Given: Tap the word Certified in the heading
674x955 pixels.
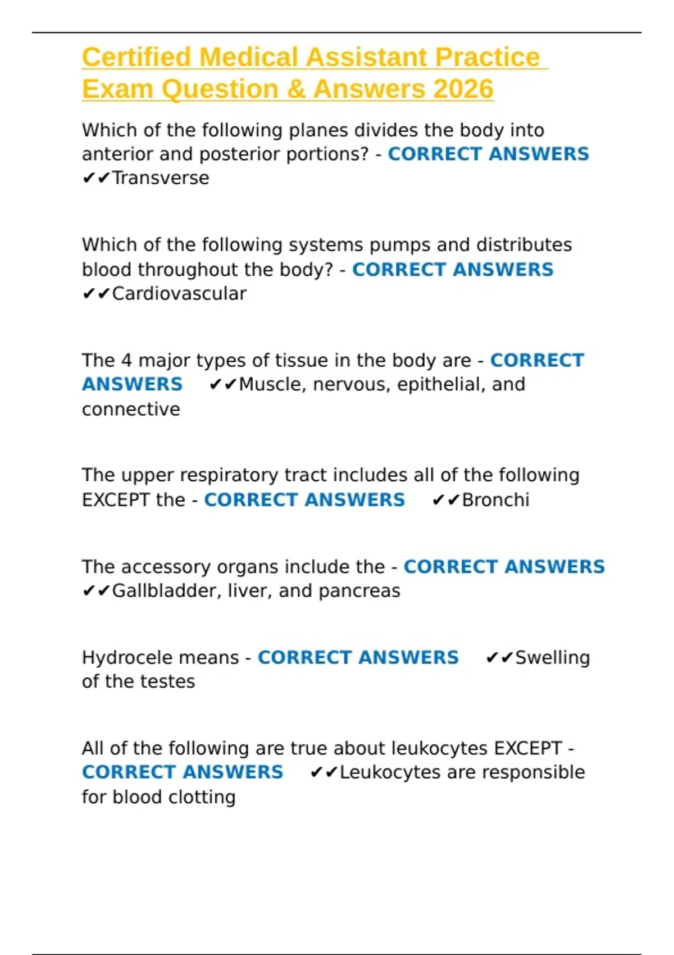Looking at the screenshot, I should (137, 57).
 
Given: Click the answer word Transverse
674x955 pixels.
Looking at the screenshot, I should (161, 178).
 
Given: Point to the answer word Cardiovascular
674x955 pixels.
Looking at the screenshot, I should (179, 294).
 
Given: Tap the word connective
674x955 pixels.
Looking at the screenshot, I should (131, 409).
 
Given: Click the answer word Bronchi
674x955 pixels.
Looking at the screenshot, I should (495, 500).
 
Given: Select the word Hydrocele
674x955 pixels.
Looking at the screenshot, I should (121, 657).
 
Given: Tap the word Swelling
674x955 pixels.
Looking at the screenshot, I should (553, 657).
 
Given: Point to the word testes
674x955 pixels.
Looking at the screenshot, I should (167, 681).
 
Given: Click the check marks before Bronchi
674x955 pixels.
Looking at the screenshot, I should (446, 500).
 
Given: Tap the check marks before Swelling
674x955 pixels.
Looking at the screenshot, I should (499, 657).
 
